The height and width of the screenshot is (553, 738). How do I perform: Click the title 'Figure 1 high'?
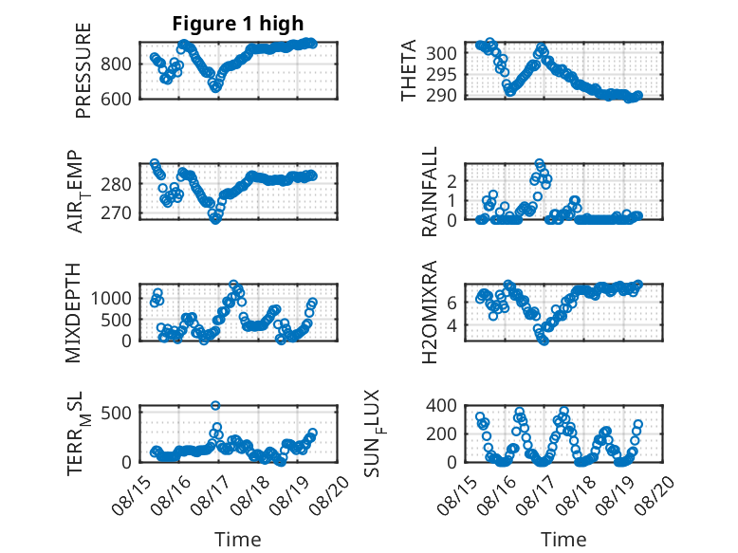[238, 24]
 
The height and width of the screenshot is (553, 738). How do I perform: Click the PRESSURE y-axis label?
[83, 70]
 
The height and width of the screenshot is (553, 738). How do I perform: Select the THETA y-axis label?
[409, 70]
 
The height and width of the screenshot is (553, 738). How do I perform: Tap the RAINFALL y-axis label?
[430, 192]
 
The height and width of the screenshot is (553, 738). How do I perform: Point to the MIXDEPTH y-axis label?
[73, 313]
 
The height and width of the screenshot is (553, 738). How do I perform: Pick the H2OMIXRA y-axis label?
[430, 312]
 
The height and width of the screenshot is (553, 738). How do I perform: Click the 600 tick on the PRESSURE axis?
[116, 100]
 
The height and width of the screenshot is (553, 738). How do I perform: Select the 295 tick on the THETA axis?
[441, 74]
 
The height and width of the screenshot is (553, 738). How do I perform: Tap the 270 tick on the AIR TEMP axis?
[116, 213]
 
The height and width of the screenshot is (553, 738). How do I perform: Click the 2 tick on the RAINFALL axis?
[452, 181]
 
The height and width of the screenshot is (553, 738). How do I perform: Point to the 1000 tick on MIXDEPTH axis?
[111, 298]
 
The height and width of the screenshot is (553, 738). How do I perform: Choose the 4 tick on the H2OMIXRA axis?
[452, 325]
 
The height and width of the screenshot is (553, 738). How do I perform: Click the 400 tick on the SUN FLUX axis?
[441, 405]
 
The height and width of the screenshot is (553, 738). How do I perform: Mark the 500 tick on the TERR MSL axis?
[116, 414]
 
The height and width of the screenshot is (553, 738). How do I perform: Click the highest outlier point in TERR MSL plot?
[215, 405]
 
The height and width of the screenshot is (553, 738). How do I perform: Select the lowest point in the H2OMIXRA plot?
[544, 341]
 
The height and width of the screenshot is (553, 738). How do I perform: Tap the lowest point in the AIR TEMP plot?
[215, 220]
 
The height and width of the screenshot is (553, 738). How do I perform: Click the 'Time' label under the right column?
[563, 540]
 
